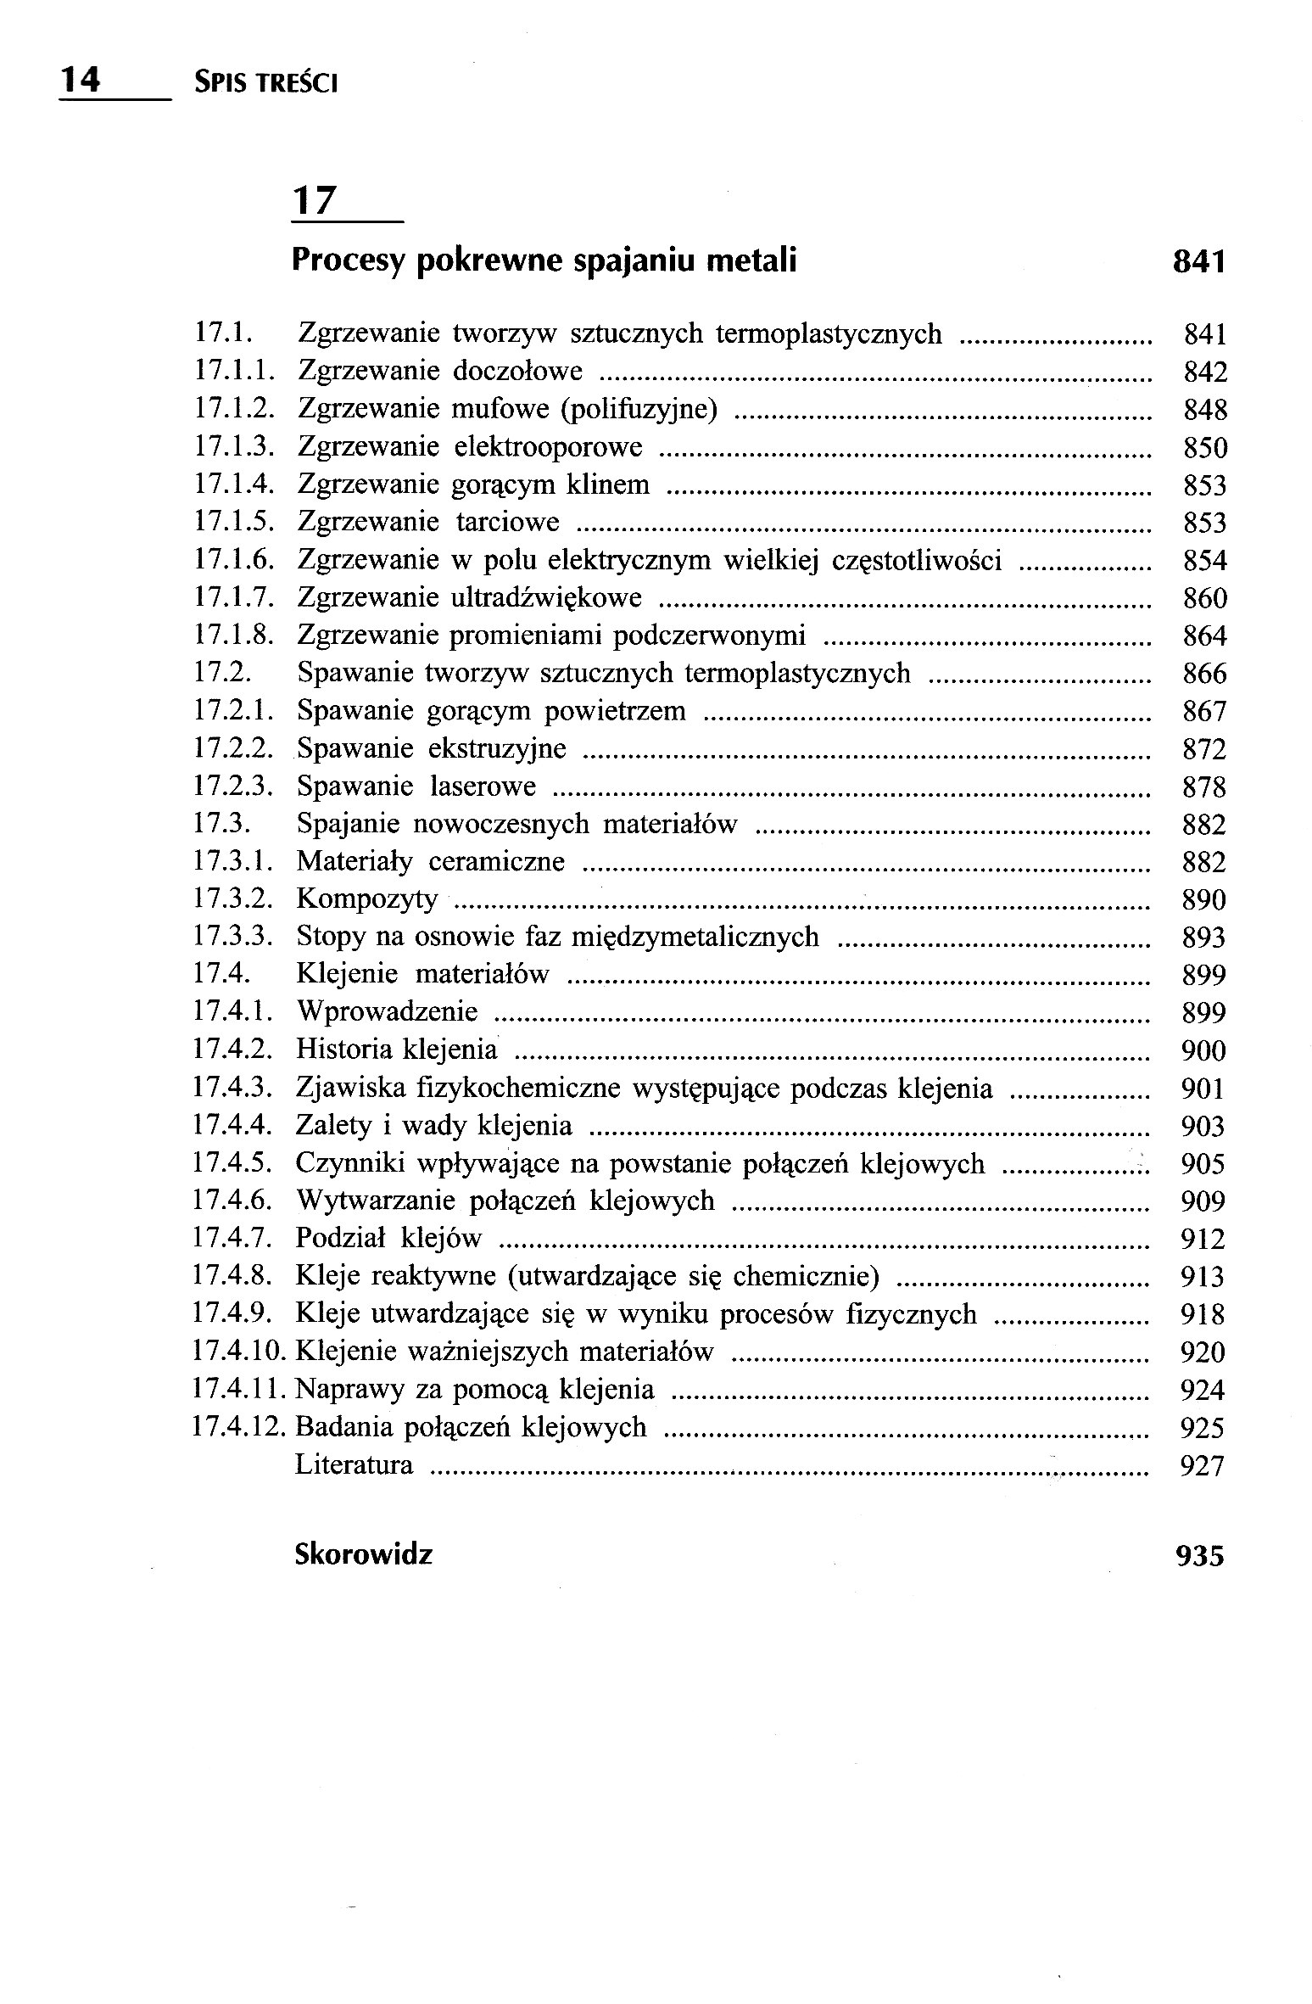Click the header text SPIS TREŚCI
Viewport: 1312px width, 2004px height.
(265, 83)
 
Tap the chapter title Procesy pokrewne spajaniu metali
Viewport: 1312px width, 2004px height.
(544, 260)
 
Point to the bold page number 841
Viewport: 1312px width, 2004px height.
(1199, 262)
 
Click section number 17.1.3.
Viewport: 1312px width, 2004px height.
(235, 447)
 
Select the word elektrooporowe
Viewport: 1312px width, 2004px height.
(549, 447)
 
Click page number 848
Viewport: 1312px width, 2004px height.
(1205, 411)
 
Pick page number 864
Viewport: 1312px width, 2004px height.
(1205, 636)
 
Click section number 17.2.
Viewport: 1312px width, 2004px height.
(223, 674)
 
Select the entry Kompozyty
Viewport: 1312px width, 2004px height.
(366, 899)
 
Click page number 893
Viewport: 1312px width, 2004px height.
(1204, 938)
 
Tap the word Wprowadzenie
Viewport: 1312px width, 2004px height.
(387, 1012)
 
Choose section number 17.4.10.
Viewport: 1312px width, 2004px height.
(241, 1352)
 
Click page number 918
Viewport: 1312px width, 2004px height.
(1203, 1314)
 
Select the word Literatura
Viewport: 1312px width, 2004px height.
(354, 1465)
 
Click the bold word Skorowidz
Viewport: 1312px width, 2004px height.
(363, 1554)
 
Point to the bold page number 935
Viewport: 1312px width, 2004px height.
(1200, 1556)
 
